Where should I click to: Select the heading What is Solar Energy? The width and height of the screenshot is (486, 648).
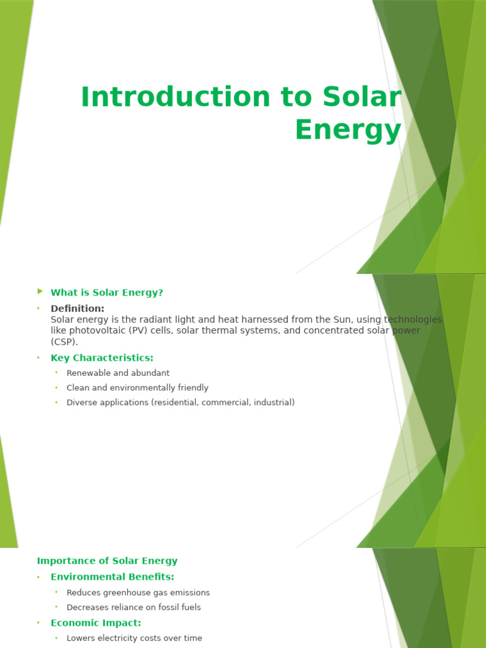coord(107,292)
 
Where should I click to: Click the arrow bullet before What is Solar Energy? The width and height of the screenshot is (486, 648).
coord(40,291)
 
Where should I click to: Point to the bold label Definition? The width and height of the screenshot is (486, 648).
coord(78,308)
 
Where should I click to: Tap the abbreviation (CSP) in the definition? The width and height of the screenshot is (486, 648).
coord(65,342)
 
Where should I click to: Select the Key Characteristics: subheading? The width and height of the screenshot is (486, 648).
coord(102,358)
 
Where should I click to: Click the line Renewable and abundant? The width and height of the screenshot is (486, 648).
coord(118,373)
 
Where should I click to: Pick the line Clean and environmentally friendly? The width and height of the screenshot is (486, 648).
coord(137,387)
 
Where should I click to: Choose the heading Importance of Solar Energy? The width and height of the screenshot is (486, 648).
coord(107,561)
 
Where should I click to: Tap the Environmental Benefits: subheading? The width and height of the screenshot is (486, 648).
coord(112,576)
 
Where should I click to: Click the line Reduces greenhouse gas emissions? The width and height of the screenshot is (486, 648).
coord(138,592)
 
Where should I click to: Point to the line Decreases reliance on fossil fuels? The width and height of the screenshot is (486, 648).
coord(134,607)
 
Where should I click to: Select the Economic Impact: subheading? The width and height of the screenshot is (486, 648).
coord(96,623)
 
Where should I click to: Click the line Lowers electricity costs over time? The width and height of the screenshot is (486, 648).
coord(134,638)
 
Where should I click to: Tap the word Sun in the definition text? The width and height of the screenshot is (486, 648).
coord(363,320)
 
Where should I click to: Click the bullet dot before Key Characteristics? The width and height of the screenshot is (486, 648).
coord(38,358)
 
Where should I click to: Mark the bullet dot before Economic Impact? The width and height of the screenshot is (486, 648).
coord(38,623)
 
